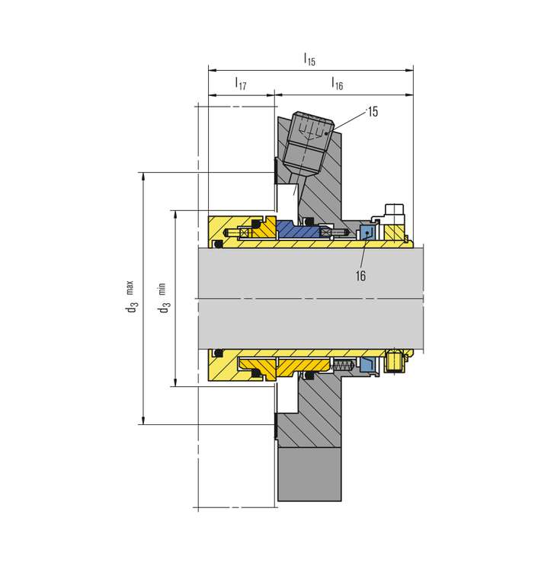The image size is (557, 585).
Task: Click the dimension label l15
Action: [x=309, y=59]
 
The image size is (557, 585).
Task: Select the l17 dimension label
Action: [x=241, y=83]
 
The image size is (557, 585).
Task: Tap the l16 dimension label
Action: [x=337, y=83]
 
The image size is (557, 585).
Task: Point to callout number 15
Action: [x=373, y=111]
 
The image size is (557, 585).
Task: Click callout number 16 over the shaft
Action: [x=360, y=276]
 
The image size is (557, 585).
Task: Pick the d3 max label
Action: [x=130, y=296]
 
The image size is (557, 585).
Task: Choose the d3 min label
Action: [x=162, y=298]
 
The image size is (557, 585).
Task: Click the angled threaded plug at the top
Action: [x=308, y=144]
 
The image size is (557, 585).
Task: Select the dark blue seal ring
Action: [x=298, y=229]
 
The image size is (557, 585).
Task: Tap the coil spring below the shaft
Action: [x=342, y=366]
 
